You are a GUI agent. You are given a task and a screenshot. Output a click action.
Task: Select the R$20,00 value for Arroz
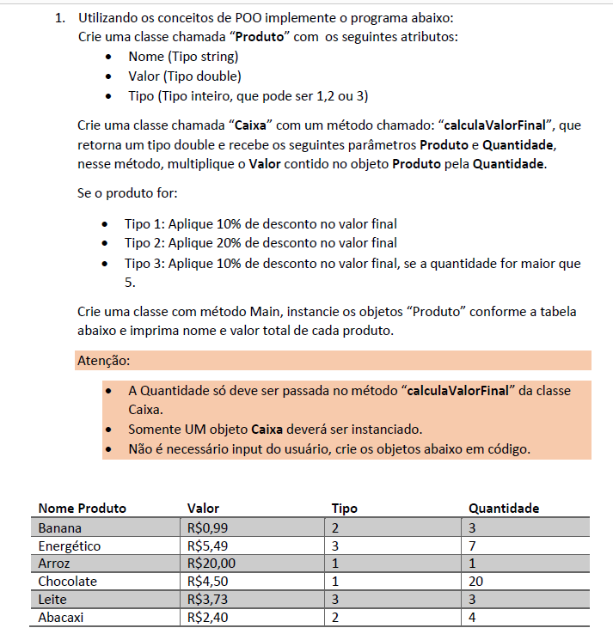click(211, 564)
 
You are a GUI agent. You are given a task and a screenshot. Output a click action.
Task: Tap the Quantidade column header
click(504, 508)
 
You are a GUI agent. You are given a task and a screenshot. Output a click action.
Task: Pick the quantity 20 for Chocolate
click(477, 582)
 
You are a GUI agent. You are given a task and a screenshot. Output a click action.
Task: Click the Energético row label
click(70, 546)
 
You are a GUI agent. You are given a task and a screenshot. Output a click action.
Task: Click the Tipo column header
click(344, 508)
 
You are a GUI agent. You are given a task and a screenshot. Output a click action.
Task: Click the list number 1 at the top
click(59, 18)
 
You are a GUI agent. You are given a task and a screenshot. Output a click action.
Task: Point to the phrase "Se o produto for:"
click(127, 193)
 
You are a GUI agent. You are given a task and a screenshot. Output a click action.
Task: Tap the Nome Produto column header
click(82, 508)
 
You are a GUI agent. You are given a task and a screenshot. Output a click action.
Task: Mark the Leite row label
click(53, 600)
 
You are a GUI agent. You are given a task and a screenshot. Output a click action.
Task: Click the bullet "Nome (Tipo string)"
click(183, 57)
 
